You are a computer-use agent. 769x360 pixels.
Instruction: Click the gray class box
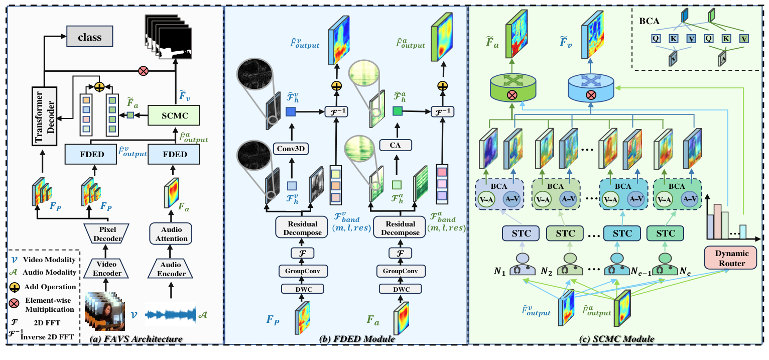89,37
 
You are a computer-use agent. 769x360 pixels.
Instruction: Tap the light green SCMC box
175,115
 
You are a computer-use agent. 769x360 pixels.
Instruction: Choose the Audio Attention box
171,234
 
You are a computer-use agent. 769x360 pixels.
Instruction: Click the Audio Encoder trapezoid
171,269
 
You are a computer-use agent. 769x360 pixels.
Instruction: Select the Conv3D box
290,148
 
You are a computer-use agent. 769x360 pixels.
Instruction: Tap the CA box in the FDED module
397,145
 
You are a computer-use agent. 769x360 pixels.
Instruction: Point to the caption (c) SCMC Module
617,339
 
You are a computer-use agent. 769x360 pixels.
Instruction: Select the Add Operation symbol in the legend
16,287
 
